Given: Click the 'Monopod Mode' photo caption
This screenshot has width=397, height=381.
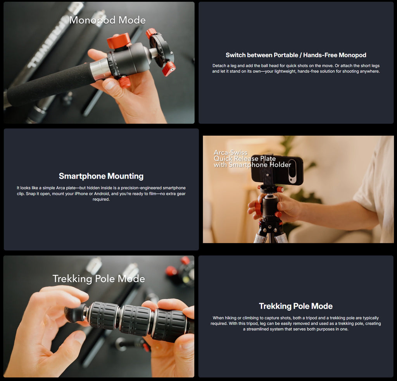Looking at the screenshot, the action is tap(107, 20).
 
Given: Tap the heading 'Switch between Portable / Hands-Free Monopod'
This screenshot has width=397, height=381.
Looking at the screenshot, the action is tap(296, 55).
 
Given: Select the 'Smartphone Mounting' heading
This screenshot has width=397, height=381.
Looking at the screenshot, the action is tap(101, 176).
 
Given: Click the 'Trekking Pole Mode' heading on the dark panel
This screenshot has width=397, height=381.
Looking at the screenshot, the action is tap(296, 306).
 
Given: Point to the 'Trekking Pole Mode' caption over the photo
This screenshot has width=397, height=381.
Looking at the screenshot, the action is tap(99, 279).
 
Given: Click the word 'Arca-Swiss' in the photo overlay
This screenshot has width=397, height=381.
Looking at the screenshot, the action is tap(230, 152).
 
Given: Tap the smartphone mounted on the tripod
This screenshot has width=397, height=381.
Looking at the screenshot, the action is tap(277, 170).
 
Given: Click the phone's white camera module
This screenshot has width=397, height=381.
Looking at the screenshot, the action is tap(292, 171).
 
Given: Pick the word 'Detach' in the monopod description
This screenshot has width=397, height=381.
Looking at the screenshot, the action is tap(219, 66).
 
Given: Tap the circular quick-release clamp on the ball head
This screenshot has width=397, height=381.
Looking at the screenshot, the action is tap(161, 51).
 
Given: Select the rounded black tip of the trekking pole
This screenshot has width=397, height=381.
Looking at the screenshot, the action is tap(75, 314).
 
